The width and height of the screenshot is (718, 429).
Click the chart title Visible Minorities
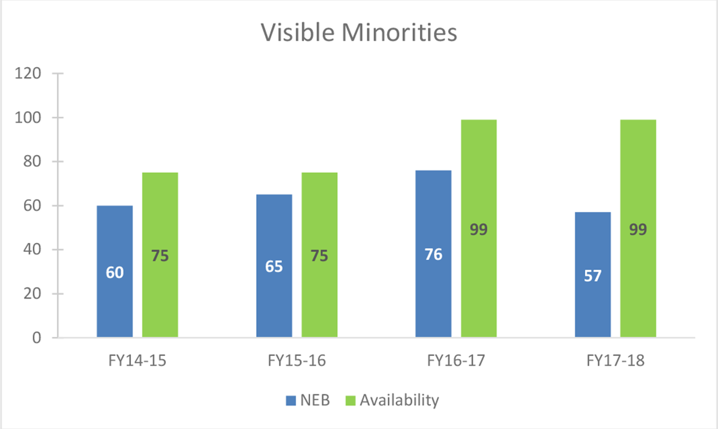pyautogui.click(x=359, y=33)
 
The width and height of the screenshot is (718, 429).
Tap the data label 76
pyautogui.click(x=433, y=254)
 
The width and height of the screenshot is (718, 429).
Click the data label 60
pyautogui.click(x=114, y=273)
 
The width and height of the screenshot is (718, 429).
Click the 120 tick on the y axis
pyautogui.click(x=28, y=74)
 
